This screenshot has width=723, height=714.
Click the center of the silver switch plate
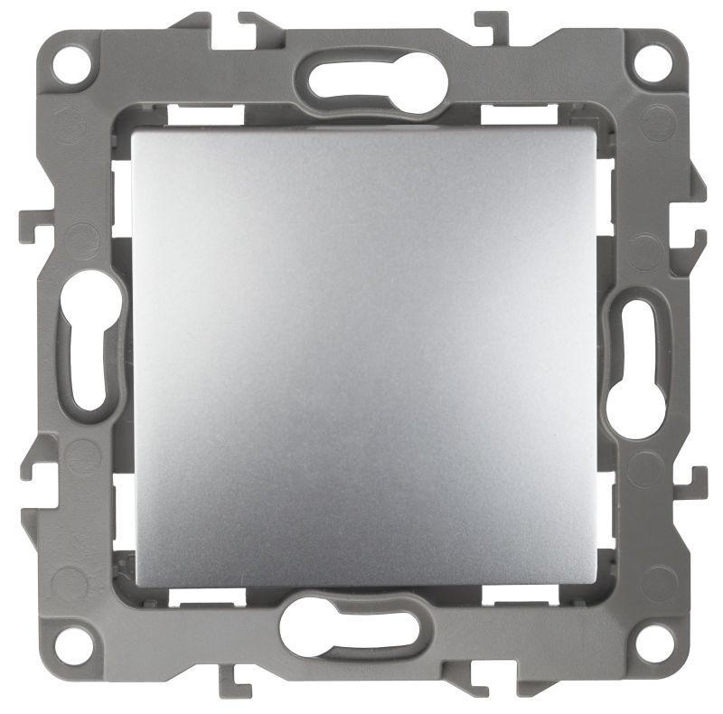pyautogui.click(x=364, y=357)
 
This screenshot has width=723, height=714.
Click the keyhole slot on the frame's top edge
pyautogui.click(x=376, y=84)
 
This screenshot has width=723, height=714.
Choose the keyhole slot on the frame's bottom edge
pyautogui.click(x=349, y=627)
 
